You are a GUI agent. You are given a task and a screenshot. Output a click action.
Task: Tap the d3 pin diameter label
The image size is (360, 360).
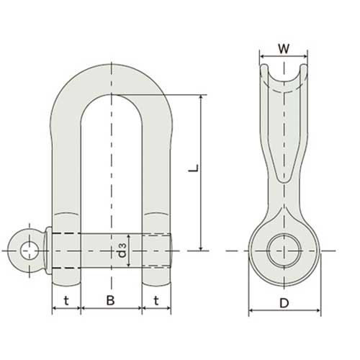(123, 250)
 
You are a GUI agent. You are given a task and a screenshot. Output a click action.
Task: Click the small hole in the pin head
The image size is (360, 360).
(30, 251)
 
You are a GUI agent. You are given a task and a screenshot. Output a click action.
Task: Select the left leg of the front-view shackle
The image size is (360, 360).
(66, 166)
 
